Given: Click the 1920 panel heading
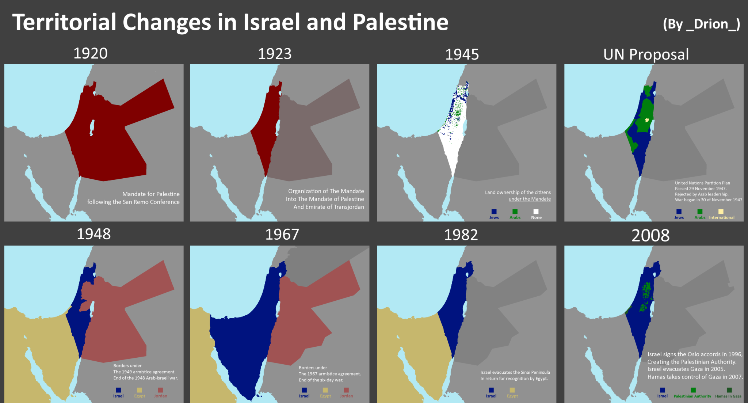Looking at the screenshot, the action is point(91,53).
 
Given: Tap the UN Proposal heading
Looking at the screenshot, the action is point(646,54).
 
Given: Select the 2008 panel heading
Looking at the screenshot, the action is point(650,235).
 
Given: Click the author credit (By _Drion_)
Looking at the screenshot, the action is point(701,24).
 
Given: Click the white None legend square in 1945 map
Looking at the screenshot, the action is point(536,212).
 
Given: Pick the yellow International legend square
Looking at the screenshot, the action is point(721,212).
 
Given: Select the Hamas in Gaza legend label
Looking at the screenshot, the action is point(728,396).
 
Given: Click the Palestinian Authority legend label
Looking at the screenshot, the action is point(692,396).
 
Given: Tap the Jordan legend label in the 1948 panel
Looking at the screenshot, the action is point(160,396).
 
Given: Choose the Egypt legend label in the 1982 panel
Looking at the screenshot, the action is point(512,396).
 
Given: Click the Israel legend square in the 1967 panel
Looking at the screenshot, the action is point(304,390).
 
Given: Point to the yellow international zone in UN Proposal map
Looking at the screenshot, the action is point(647,120).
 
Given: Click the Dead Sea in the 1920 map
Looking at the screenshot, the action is point(92,128).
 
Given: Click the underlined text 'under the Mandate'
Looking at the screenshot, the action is point(530,199).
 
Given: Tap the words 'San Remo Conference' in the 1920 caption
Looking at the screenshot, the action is point(151,202).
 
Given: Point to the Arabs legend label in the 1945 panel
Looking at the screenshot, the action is point(515,217).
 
